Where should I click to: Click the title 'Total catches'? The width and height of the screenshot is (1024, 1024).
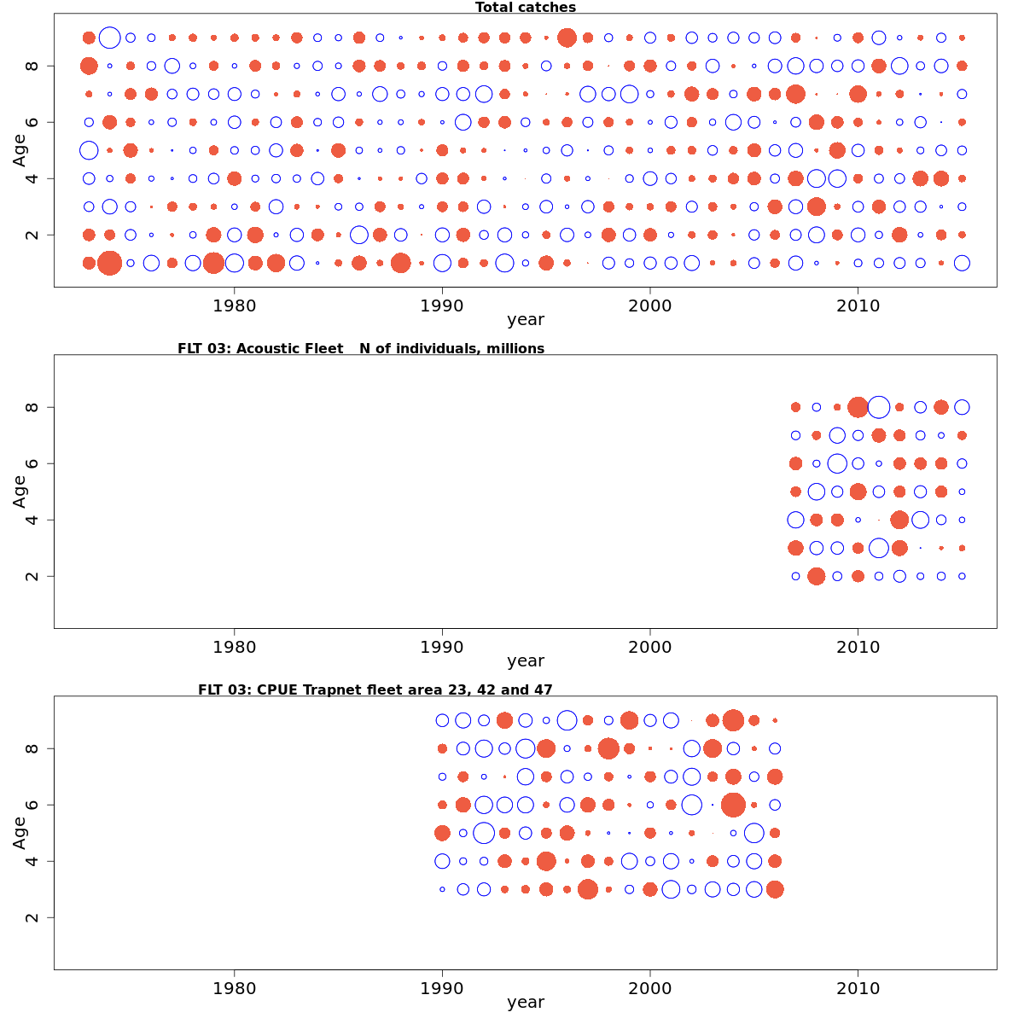click(x=525, y=8)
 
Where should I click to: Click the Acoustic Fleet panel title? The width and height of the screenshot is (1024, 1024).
click(x=360, y=348)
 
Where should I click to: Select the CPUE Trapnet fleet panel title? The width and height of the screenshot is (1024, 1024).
click(x=375, y=689)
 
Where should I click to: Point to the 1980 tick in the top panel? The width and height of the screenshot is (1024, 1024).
click(x=234, y=305)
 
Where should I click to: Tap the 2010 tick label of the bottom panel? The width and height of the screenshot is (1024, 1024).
click(x=858, y=987)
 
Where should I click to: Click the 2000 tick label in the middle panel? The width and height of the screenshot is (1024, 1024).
click(x=649, y=646)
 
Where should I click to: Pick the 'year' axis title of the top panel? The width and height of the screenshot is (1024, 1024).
click(x=525, y=320)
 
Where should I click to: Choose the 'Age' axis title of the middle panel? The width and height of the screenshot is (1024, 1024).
click(x=20, y=492)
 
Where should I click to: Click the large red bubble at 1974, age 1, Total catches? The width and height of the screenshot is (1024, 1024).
click(x=109, y=263)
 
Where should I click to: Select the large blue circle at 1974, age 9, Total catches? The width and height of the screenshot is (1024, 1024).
click(x=109, y=38)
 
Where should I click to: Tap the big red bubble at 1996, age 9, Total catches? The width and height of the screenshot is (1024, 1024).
click(x=567, y=38)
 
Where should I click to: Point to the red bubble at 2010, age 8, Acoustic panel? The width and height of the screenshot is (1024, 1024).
click(x=858, y=407)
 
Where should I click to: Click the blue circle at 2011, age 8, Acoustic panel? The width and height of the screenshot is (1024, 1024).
click(x=879, y=407)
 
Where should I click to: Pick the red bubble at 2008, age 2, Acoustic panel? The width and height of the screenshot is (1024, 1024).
click(x=816, y=576)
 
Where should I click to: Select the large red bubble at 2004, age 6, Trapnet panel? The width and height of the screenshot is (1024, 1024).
click(x=733, y=805)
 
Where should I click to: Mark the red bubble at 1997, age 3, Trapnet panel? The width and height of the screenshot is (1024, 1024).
click(x=587, y=889)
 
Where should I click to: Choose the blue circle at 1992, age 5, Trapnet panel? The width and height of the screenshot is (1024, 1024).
click(x=484, y=833)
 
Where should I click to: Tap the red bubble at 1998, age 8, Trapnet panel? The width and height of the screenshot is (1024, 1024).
click(x=608, y=748)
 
